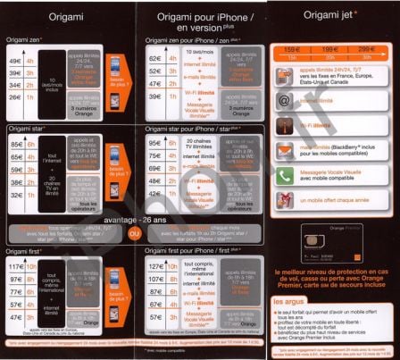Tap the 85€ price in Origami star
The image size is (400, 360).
point(15,145)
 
